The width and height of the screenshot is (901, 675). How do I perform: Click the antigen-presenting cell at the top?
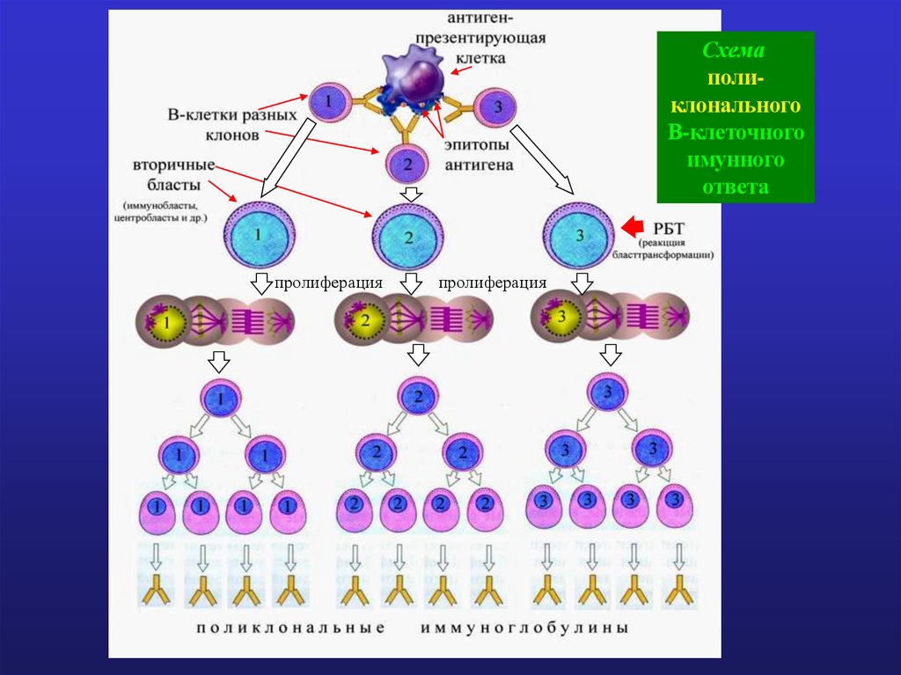(x=412, y=75)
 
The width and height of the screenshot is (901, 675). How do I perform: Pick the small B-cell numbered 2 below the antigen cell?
(x=407, y=163)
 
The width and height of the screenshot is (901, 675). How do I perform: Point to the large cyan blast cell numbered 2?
(x=407, y=237)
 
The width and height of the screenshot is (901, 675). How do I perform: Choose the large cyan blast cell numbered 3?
(x=579, y=235)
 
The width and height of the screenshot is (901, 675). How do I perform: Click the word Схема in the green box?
(x=736, y=52)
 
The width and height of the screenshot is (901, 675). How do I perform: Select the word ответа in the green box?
(x=736, y=187)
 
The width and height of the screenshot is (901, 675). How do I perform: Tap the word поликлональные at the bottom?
(x=291, y=629)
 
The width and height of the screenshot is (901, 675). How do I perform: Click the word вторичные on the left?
(x=173, y=165)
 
